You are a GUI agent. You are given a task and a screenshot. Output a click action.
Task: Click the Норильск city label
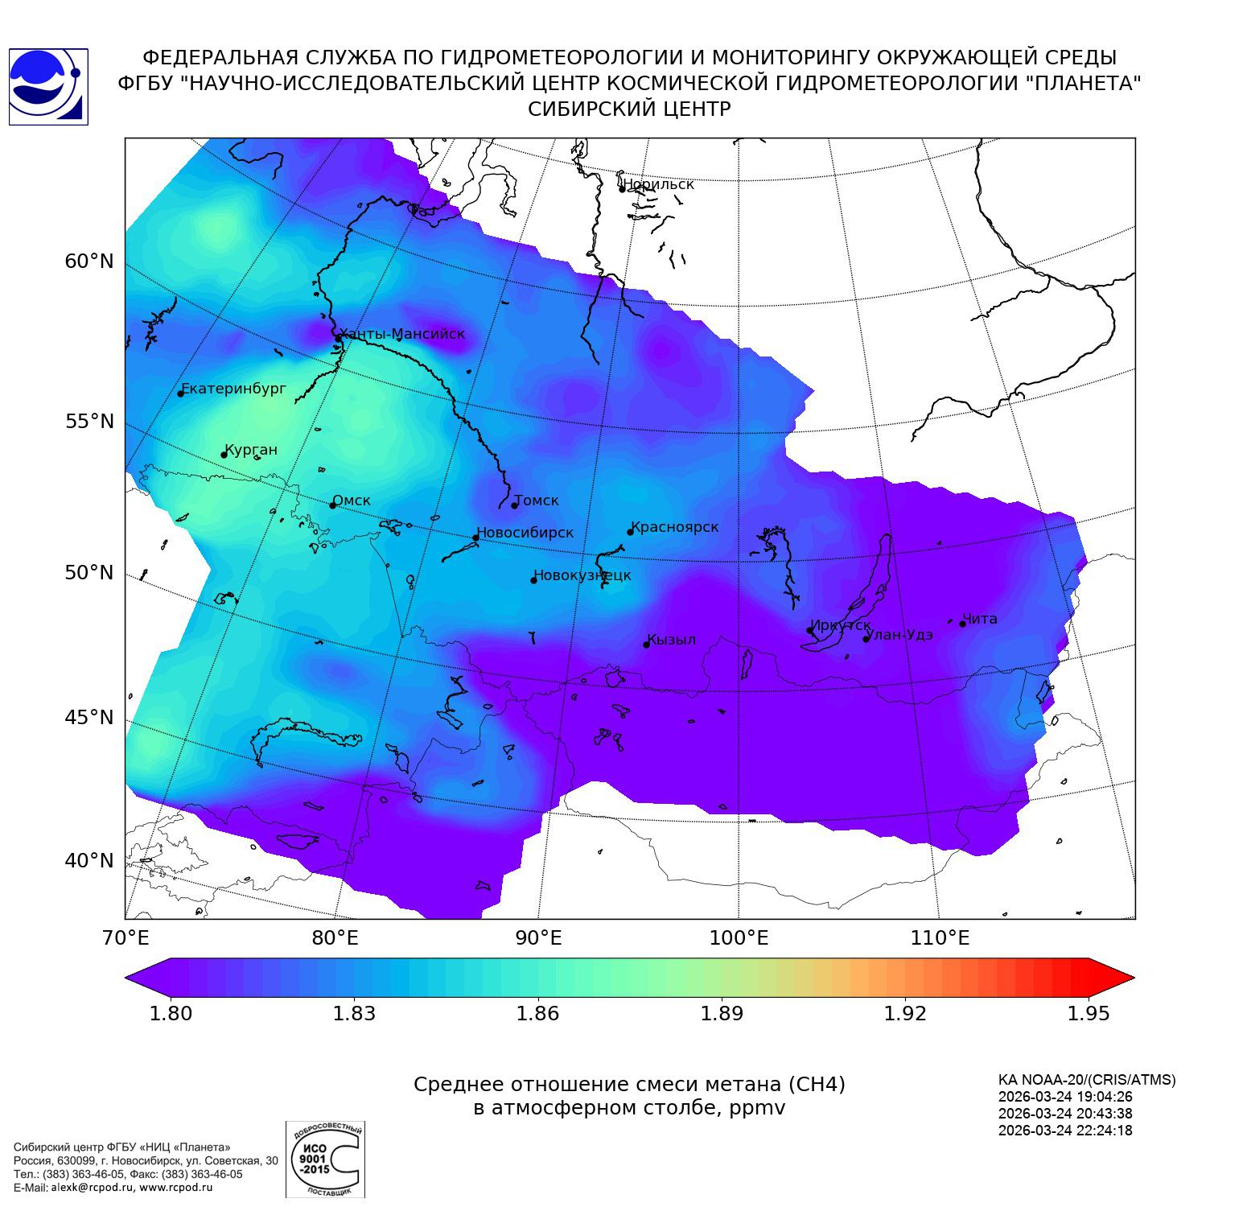click(x=658, y=184)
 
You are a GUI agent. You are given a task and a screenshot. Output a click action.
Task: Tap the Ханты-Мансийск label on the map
click(x=401, y=334)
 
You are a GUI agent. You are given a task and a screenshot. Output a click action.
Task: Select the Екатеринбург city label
click(x=234, y=389)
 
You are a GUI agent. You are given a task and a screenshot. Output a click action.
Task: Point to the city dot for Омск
click(x=332, y=505)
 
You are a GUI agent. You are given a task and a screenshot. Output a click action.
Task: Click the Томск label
click(x=537, y=501)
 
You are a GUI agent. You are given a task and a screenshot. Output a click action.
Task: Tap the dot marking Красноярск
click(x=631, y=532)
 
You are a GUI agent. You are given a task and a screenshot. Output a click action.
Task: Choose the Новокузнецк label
click(x=582, y=575)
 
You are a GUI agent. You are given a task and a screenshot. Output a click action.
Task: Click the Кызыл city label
click(x=672, y=640)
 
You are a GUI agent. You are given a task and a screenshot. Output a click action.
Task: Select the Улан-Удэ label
click(x=900, y=635)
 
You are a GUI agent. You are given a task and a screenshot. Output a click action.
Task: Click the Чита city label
click(x=980, y=619)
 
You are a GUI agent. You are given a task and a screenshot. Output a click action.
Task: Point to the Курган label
click(x=251, y=450)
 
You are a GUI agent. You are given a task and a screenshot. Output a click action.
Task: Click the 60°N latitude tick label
click(x=89, y=262)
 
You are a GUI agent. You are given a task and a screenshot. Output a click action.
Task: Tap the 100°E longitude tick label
click(x=739, y=938)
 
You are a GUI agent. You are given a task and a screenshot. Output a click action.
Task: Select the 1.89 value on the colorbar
click(x=722, y=1013)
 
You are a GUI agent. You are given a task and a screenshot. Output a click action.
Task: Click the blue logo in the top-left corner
click(x=48, y=87)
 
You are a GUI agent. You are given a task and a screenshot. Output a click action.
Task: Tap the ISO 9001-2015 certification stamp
click(x=325, y=1159)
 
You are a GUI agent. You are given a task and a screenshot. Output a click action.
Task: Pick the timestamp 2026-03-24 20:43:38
click(x=1065, y=1114)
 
